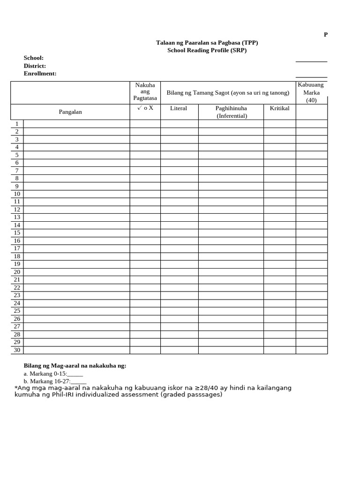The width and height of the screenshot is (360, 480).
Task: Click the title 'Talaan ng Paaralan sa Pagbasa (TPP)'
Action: click(x=207, y=43)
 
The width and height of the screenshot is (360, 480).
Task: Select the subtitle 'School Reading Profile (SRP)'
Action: click(x=207, y=50)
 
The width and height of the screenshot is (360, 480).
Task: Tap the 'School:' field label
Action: click(x=34, y=58)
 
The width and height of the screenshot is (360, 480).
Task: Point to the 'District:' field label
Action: click(x=35, y=66)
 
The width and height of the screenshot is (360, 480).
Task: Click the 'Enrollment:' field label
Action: click(x=40, y=74)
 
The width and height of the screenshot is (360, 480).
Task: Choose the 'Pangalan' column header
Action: click(x=70, y=112)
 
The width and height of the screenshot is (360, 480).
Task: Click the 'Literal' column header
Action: click(x=179, y=108)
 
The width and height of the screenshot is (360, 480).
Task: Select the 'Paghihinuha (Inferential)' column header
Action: click(x=231, y=112)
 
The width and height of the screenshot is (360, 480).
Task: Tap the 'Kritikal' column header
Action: click(x=279, y=108)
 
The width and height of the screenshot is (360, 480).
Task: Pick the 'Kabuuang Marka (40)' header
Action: click(x=311, y=92)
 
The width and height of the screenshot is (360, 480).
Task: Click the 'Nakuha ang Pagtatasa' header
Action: click(x=145, y=92)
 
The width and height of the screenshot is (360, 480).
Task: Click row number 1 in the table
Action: click(x=17, y=124)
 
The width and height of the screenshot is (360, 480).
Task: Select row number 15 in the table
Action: click(x=17, y=232)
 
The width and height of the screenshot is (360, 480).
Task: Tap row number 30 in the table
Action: click(x=17, y=350)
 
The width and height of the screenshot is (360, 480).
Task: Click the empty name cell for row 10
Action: click(x=76, y=194)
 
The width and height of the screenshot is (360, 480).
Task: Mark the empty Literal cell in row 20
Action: click(x=179, y=272)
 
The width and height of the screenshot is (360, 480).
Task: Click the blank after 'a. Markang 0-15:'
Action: click(x=75, y=374)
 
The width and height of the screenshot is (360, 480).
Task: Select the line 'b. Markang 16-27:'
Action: click(x=55, y=382)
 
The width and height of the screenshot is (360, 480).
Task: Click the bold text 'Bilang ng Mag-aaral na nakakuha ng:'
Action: click(x=75, y=366)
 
